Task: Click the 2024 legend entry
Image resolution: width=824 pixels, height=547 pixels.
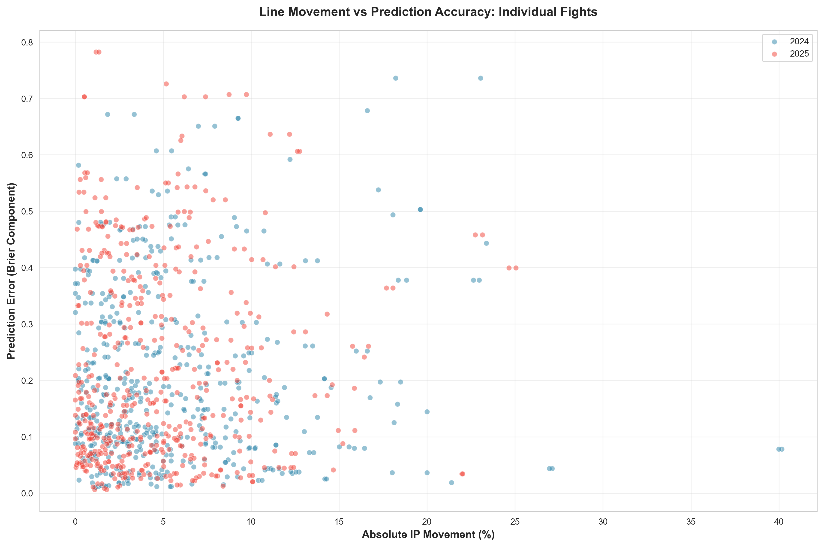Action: (799, 42)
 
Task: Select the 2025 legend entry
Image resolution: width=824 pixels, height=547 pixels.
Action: (799, 54)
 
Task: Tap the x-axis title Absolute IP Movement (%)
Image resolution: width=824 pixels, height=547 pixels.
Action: (428, 535)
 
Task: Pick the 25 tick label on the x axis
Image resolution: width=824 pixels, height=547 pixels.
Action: (515, 522)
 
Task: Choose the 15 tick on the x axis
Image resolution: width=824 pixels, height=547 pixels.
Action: (339, 522)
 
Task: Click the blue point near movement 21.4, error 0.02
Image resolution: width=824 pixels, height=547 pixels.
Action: (451, 482)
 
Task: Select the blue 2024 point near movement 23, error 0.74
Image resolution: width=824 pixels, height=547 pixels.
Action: (480, 78)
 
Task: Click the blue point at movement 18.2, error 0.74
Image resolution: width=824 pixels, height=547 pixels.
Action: (395, 78)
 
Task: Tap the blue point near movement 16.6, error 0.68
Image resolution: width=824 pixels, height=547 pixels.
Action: (367, 111)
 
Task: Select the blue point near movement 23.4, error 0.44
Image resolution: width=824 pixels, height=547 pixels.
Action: (486, 243)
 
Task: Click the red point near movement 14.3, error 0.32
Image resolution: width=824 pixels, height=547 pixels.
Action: (327, 314)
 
